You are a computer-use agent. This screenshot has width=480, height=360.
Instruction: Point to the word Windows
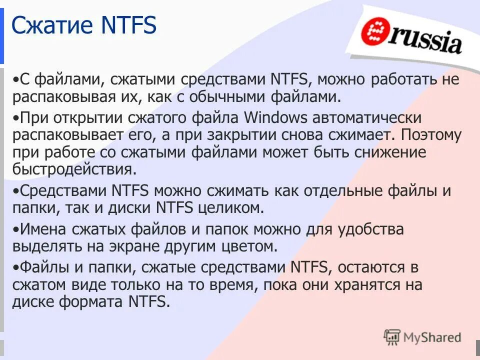coord(275,118)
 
